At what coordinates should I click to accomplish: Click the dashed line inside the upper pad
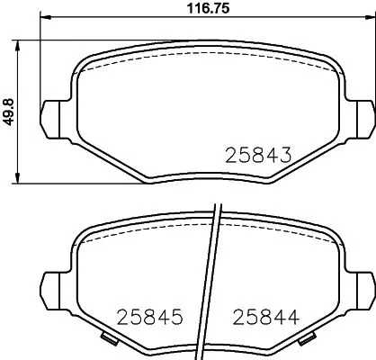206,66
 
